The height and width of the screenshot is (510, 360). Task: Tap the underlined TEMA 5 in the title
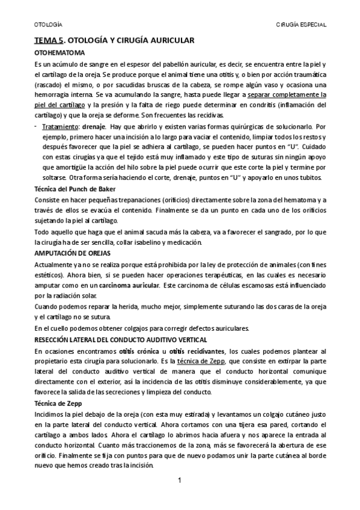[x=48, y=41]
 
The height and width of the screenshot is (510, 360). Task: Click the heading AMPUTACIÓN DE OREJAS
[x=72, y=253]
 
